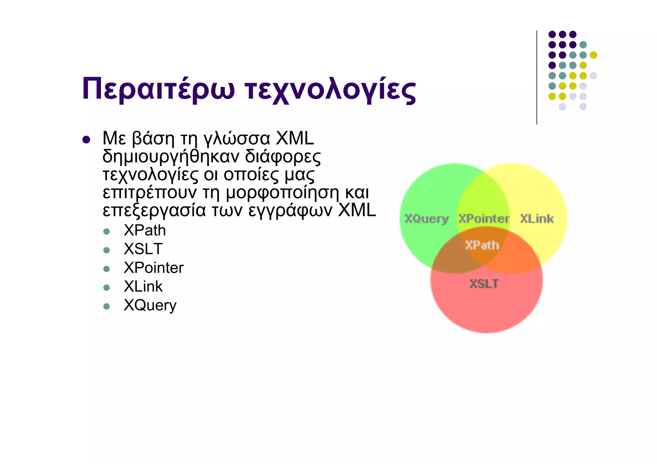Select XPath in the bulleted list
click(145, 231)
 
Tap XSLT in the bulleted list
click(143, 249)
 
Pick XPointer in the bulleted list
click(154, 268)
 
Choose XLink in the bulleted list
click(143, 286)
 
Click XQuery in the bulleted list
click(150, 305)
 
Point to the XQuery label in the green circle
click(426, 219)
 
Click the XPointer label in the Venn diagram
click(483, 219)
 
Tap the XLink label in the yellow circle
click(537, 219)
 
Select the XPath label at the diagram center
click(482, 245)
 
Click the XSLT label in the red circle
click(484, 284)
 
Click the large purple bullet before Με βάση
click(86, 140)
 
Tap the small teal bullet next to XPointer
click(107, 269)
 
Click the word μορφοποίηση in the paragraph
click(282, 193)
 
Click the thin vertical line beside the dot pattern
click(537, 77)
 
